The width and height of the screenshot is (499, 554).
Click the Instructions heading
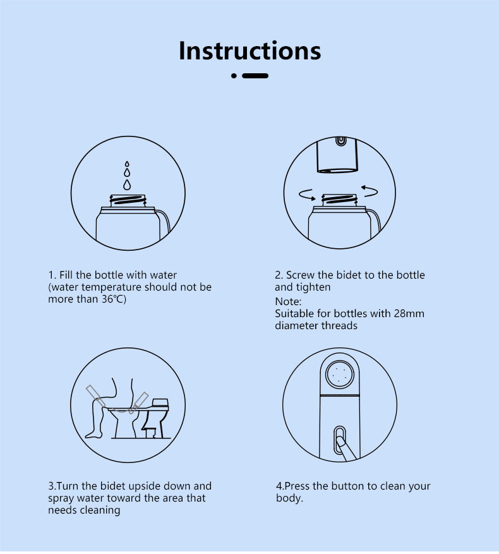click(x=250, y=51)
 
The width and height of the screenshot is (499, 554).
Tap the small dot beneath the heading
click(x=234, y=76)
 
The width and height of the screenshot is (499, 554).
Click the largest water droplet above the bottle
click(x=127, y=184)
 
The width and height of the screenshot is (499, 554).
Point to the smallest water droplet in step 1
click(x=127, y=164)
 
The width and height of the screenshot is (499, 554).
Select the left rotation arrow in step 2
click(x=307, y=195)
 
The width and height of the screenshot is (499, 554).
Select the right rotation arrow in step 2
click(x=370, y=191)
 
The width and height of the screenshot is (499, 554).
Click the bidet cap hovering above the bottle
click(x=337, y=155)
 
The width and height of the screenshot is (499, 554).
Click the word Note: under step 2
click(x=288, y=301)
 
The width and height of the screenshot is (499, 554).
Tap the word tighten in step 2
click(x=314, y=287)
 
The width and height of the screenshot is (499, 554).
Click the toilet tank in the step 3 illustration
click(x=160, y=403)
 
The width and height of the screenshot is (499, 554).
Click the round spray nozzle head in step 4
click(x=340, y=374)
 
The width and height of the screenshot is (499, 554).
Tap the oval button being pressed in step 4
click(x=340, y=440)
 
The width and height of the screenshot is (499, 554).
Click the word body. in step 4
click(x=289, y=498)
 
